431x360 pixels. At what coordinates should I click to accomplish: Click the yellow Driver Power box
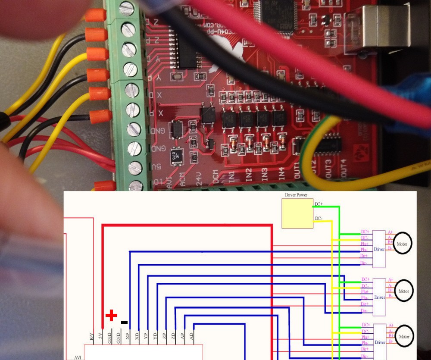pyautogui.click(x=297, y=213)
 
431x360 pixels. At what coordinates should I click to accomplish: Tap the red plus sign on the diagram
pyautogui.click(x=111, y=315)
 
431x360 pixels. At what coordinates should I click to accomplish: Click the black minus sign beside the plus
pyautogui.click(x=124, y=322)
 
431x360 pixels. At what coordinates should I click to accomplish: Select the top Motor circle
pyautogui.click(x=402, y=244)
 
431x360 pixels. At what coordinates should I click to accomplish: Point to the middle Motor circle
pyautogui.click(x=403, y=291)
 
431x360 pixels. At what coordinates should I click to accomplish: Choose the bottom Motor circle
pyautogui.click(x=404, y=337)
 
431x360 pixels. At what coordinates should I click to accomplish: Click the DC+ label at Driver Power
pyautogui.click(x=319, y=204)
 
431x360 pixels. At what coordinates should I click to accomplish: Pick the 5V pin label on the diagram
pyautogui.click(x=100, y=336)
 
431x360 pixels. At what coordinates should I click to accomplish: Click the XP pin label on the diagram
pyautogui.click(x=128, y=336)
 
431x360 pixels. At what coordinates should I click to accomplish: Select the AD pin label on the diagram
pyautogui.click(x=191, y=336)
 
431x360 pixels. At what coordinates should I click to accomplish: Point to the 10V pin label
pyautogui.click(x=91, y=336)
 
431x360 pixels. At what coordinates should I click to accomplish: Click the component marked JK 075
pyautogui.click(x=176, y=156)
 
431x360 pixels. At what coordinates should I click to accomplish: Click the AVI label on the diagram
pyautogui.click(x=78, y=357)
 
